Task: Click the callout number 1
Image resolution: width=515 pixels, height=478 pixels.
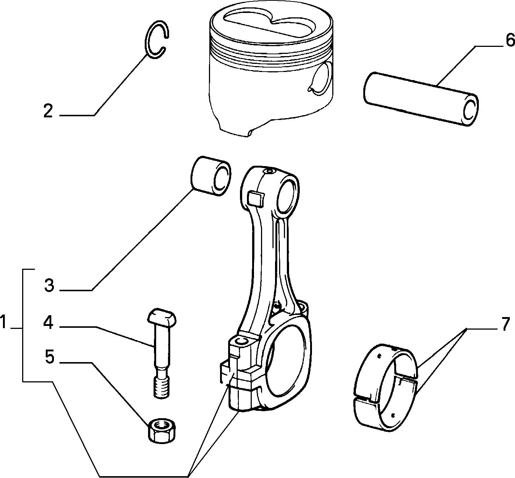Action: click(4, 322)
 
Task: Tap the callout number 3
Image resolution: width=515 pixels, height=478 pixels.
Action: click(49, 285)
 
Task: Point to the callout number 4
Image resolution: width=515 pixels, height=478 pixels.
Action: click(48, 322)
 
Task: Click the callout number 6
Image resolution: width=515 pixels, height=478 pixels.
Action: click(509, 41)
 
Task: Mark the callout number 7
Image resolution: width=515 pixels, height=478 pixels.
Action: click(505, 324)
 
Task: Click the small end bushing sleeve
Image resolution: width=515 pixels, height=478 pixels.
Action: click(210, 175)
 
